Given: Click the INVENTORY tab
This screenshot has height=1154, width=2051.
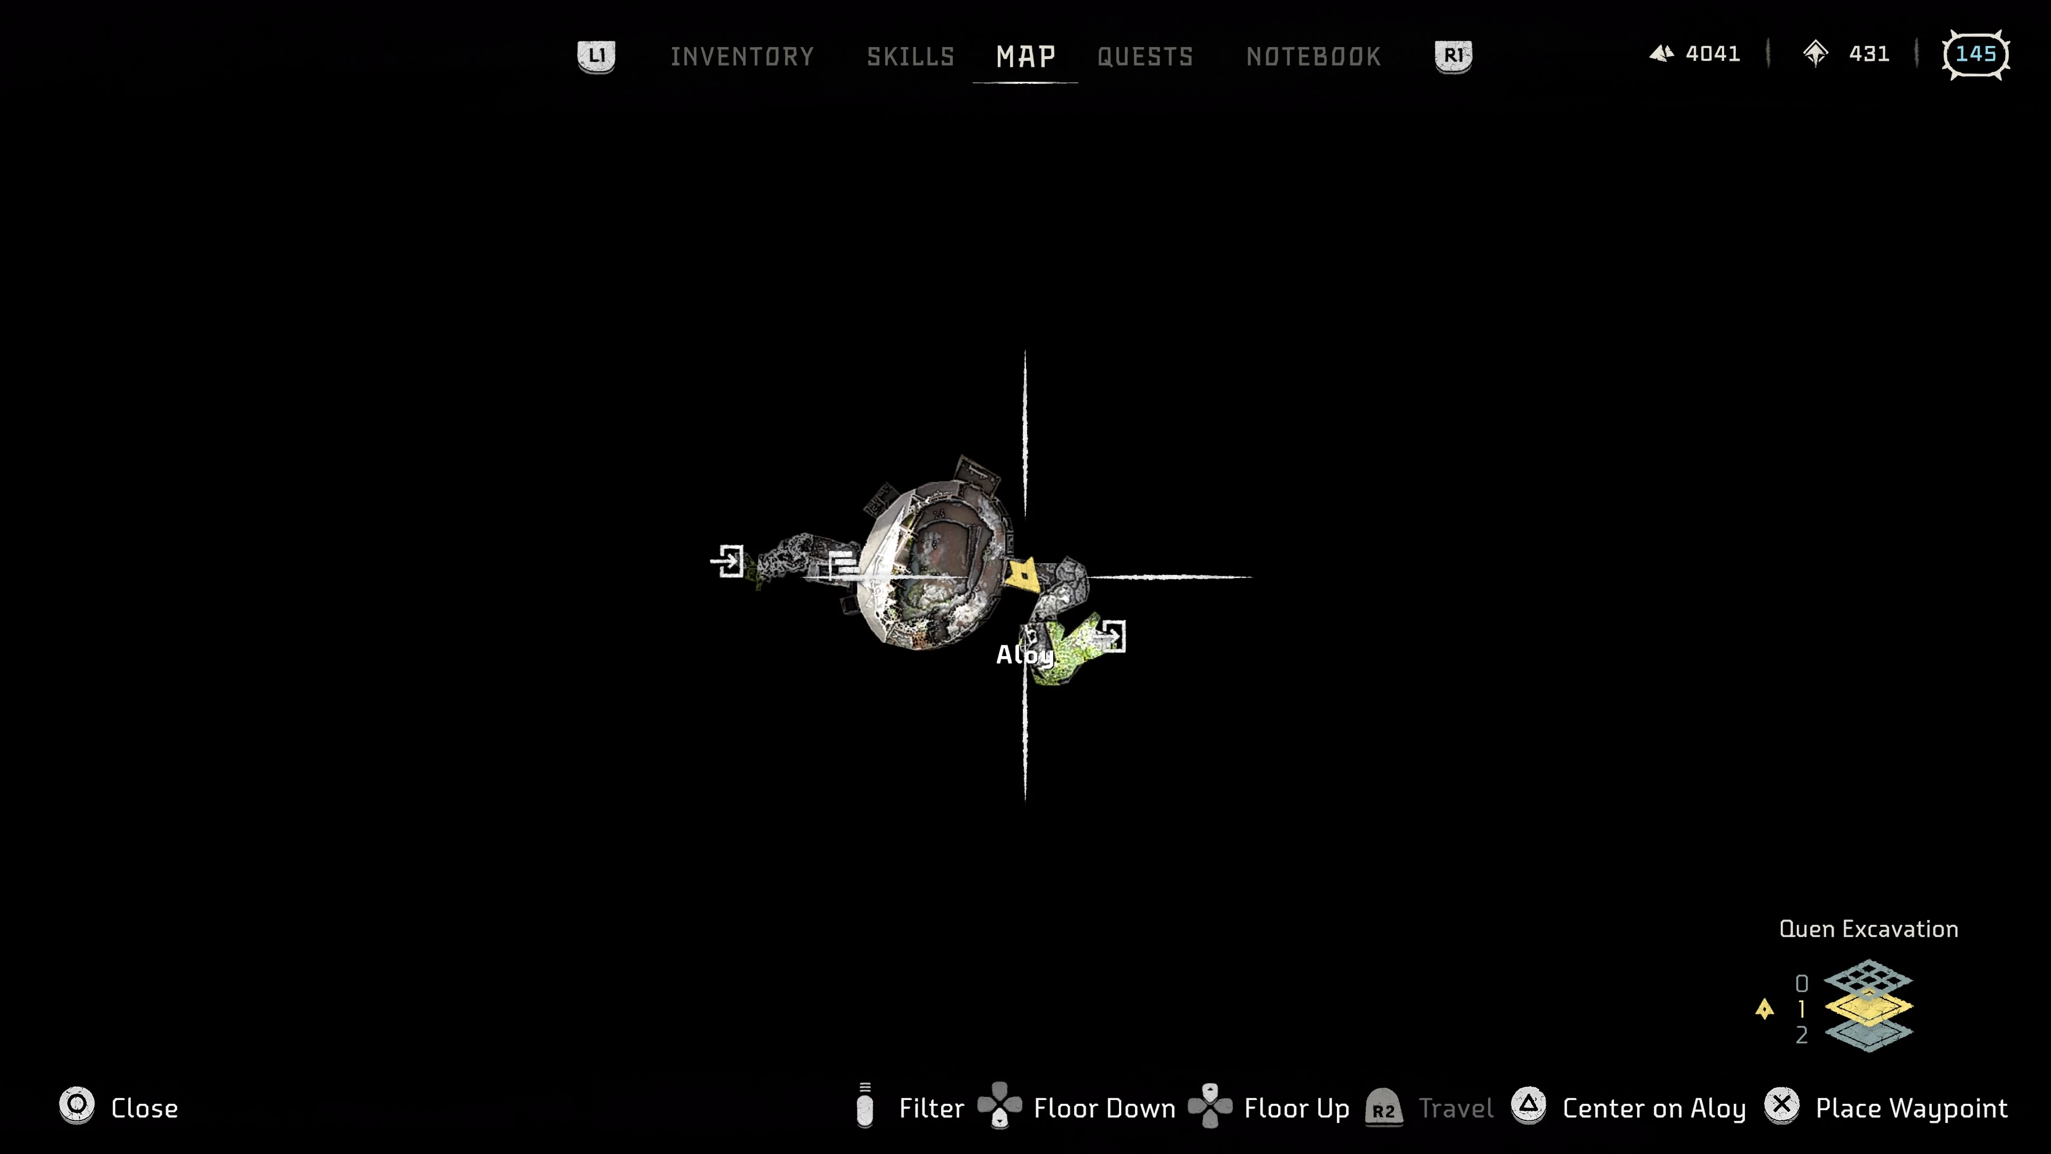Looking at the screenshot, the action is click(x=741, y=57).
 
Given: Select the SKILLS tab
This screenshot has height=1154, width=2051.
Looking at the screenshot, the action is click(x=910, y=57).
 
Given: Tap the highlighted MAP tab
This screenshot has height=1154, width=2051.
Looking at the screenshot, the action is click(x=1025, y=57).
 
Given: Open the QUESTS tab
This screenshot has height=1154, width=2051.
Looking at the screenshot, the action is click(x=1145, y=57).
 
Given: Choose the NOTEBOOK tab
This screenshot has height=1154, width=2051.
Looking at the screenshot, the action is click(x=1313, y=57).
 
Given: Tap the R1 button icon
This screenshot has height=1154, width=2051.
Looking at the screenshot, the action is click(x=1453, y=56).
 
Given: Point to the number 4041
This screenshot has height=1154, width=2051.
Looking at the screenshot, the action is click(x=1712, y=54).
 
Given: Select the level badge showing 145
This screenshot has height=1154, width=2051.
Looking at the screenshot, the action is click(x=1975, y=54).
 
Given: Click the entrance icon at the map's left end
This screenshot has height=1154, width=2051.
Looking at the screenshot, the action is click(x=727, y=562).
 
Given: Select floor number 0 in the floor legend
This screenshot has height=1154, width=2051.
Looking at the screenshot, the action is click(x=1802, y=984).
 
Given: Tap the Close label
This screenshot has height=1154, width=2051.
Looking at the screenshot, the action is click(x=144, y=1109).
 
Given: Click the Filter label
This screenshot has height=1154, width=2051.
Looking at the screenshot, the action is click(x=931, y=1109).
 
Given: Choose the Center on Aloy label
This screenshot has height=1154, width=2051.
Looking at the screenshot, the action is click(x=1654, y=1109).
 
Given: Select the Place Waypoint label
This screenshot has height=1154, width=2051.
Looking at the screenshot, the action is click(x=1911, y=1109).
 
